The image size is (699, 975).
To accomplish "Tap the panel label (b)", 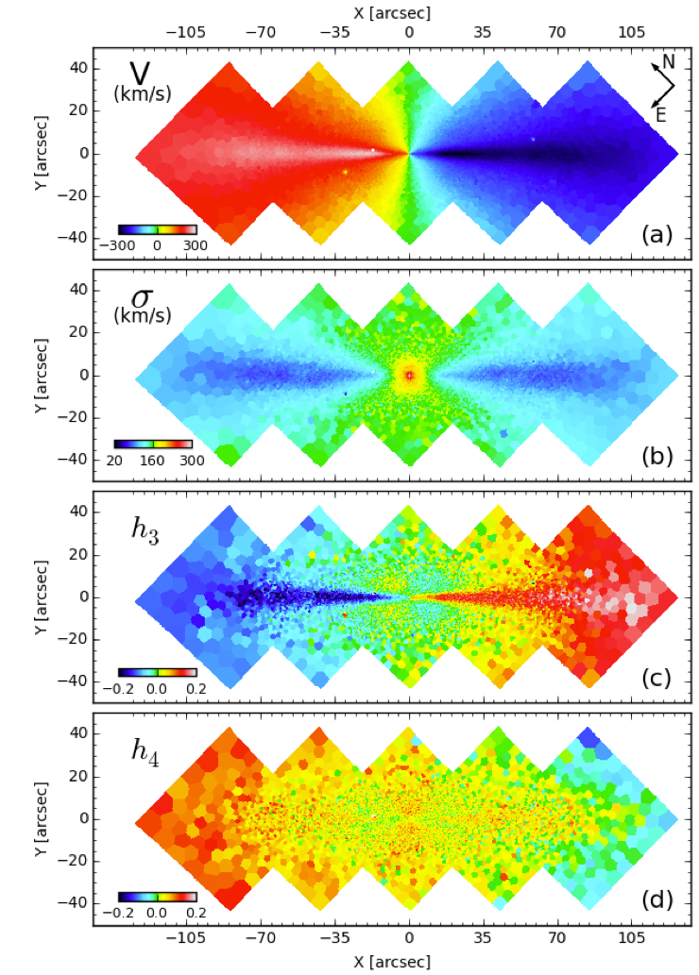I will [x=655, y=456].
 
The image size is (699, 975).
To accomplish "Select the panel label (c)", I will [x=655, y=678].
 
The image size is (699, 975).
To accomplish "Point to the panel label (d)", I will [x=655, y=899].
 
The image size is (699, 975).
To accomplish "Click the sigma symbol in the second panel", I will [x=141, y=295].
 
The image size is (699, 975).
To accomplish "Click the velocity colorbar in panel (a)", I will [x=157, y=228].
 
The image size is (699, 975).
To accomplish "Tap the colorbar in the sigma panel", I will [x=153, y=444].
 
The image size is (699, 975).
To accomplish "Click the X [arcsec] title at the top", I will [x=408, y=12].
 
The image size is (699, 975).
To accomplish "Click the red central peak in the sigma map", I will [x=409, y=375].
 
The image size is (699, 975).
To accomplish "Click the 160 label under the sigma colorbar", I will [x=153, y=460].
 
